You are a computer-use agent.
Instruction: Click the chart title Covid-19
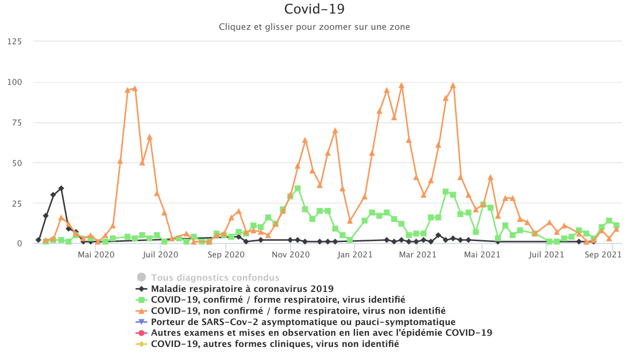tap(314, 9)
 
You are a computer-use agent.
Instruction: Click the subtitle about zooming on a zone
tap(314, 27)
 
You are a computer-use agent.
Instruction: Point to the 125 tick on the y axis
tap(14, 42)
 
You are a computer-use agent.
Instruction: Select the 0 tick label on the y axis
tap(19, 243)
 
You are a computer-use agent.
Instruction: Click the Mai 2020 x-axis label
tap(95, 255)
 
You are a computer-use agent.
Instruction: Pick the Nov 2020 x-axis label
tap(290, 255)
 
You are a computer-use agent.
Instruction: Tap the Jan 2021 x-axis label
tap(355, 255)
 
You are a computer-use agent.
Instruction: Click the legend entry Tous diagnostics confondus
tap(215, 277)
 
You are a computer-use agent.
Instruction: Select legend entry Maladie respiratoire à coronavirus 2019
tap(242, 289)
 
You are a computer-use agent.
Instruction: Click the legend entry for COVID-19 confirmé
tap(278, 299)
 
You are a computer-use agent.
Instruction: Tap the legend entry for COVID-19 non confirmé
tap(298, 311)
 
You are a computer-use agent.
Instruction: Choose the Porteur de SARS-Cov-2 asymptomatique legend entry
tap(303, 322)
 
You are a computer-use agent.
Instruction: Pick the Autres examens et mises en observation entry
tap(321, 333)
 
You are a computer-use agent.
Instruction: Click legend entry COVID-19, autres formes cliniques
tap(275, 344)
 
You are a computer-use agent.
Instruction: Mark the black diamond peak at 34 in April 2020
tap(61, 188)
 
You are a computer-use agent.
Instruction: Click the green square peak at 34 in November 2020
tap(298, 188)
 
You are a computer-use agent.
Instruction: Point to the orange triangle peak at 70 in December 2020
tap(335, 131)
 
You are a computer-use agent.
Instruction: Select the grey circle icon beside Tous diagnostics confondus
tap(142, 277)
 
